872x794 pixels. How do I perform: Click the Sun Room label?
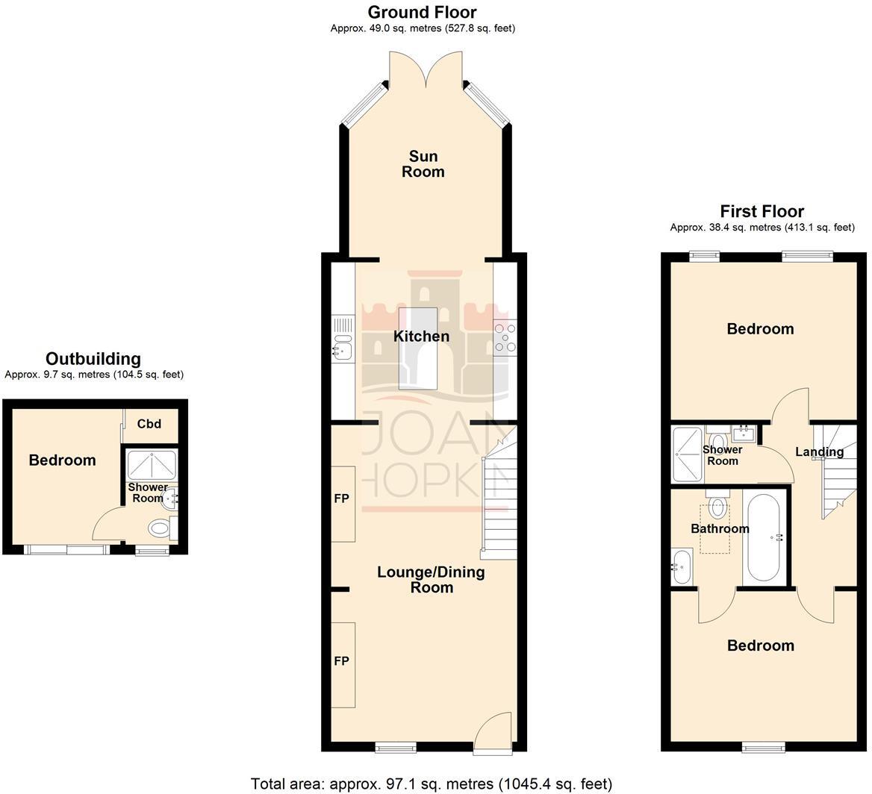coord(423,164)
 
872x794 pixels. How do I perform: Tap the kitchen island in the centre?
coord(418,348)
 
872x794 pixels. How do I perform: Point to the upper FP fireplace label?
coord(341,498)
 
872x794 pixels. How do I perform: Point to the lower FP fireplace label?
coord(341,661)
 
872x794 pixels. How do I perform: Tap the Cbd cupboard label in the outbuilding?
coord(149,425)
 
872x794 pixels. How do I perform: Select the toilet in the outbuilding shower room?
coord(160,529)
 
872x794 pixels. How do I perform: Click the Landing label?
coord(819,451)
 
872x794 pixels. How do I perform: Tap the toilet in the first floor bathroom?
coord(717,507)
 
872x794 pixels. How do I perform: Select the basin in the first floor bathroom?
coord(682,567)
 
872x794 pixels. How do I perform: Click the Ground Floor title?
coord(422,12)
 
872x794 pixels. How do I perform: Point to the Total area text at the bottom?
coord(431,784)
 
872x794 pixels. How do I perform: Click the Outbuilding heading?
coord(93,359)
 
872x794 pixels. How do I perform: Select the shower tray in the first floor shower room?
coord(687,454)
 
